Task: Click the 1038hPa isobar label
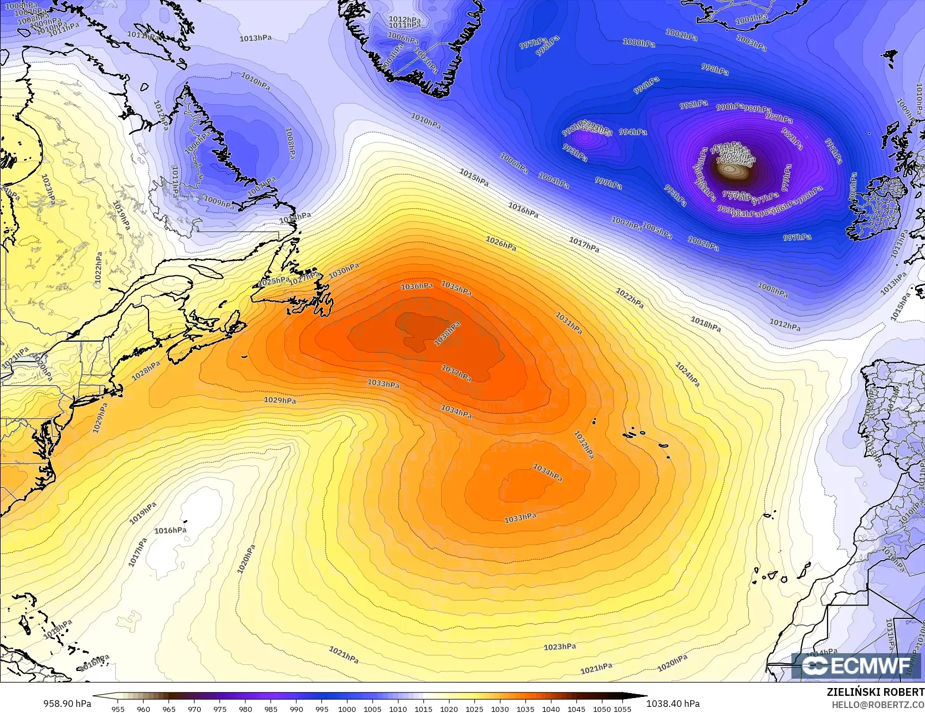click(x=447, y=335)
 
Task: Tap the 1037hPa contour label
click(x=456, y=373)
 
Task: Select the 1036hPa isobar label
click(x=417, y=286)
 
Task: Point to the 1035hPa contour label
click(x=456, y=288)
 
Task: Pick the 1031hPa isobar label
click(x=569, y=324)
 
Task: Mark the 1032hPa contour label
click(x=584, y=445)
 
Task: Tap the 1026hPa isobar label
click(x=501, y=243)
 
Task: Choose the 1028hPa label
click(x=146, y=371)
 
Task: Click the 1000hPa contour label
click(x=639, y=43)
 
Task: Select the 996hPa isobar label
click(x=647, y=86)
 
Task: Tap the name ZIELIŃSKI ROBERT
click(x=875, y=692)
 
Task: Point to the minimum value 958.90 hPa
click(x=67, y=704)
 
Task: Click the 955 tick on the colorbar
click(x=117, y=709)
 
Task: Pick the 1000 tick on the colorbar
click(x=347, y=709)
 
